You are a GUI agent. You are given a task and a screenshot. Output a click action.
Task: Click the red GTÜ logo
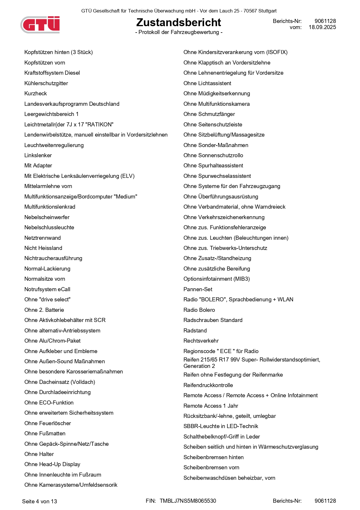[41, 24]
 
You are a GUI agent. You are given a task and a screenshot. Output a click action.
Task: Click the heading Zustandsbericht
[179, 22]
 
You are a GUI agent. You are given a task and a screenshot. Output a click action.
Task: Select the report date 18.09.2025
[322, 27]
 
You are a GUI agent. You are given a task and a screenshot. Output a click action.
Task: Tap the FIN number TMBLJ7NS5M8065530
[188, 501]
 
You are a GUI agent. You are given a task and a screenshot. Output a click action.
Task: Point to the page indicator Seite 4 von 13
[39, 501]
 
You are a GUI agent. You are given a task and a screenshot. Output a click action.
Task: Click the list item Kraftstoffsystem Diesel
[52, 73]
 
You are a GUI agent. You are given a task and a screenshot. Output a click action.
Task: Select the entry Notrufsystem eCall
[47, 289]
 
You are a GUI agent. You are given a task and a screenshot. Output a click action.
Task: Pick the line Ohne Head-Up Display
[52, 464]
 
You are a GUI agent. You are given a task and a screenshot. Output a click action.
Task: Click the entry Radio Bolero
[199, 310]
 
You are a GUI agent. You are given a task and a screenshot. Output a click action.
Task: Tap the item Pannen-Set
[198, 289]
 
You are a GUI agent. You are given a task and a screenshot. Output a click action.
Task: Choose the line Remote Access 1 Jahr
[211, 406]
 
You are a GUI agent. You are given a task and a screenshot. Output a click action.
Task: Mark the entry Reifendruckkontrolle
[208, 385]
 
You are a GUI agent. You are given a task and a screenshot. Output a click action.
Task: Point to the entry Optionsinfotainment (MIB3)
[217, 279]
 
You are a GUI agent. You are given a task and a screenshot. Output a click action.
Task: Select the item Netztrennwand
[43, 238]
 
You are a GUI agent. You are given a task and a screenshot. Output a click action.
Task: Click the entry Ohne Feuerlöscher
[48, 423]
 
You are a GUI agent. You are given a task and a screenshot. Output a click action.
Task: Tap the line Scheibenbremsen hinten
[213, 457]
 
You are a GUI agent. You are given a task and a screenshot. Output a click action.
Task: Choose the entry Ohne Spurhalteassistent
[213, 166]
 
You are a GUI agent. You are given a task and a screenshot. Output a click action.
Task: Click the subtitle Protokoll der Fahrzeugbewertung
[179, 32]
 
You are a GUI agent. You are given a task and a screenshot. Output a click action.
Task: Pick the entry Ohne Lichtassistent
[207, 83]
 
